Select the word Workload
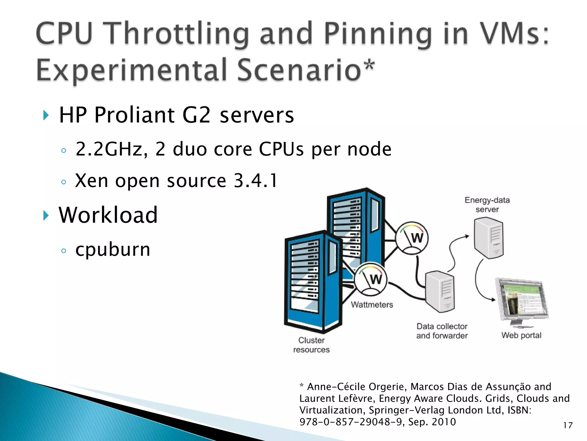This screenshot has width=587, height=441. pyautogui.click(x=108, y=215)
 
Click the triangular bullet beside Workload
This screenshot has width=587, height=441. pyautogui.click(x=46, y=215)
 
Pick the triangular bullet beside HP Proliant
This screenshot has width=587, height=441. pyautogui.click(x=46, y=115)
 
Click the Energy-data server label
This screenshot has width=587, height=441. pyautogui.click(x=487, y=205)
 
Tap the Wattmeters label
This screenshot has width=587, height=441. pyautogui.click(x=372, y=305)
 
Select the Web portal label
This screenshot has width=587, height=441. pyautogui.click(x=521, y=335)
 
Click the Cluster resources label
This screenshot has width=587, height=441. pyautogui.click(x=311, y=345)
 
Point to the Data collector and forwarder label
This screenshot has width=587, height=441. pyautogui.click(x=442, y=331)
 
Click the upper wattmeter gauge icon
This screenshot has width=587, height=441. pyautogui.click(x=412, y=238)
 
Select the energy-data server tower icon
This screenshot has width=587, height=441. pyautogui.click(x=488, y=238)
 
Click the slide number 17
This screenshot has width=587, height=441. pyautogui.click(x=568, y=425)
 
